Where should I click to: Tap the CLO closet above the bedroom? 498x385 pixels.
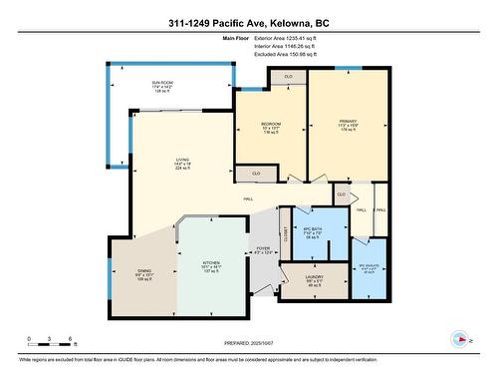coord(288,77)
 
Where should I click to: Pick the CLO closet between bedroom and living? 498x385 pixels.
coord(256,174)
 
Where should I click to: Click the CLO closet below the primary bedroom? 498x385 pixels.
coord(341,193)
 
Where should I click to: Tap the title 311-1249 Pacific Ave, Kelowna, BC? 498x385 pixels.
coord(249,22)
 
